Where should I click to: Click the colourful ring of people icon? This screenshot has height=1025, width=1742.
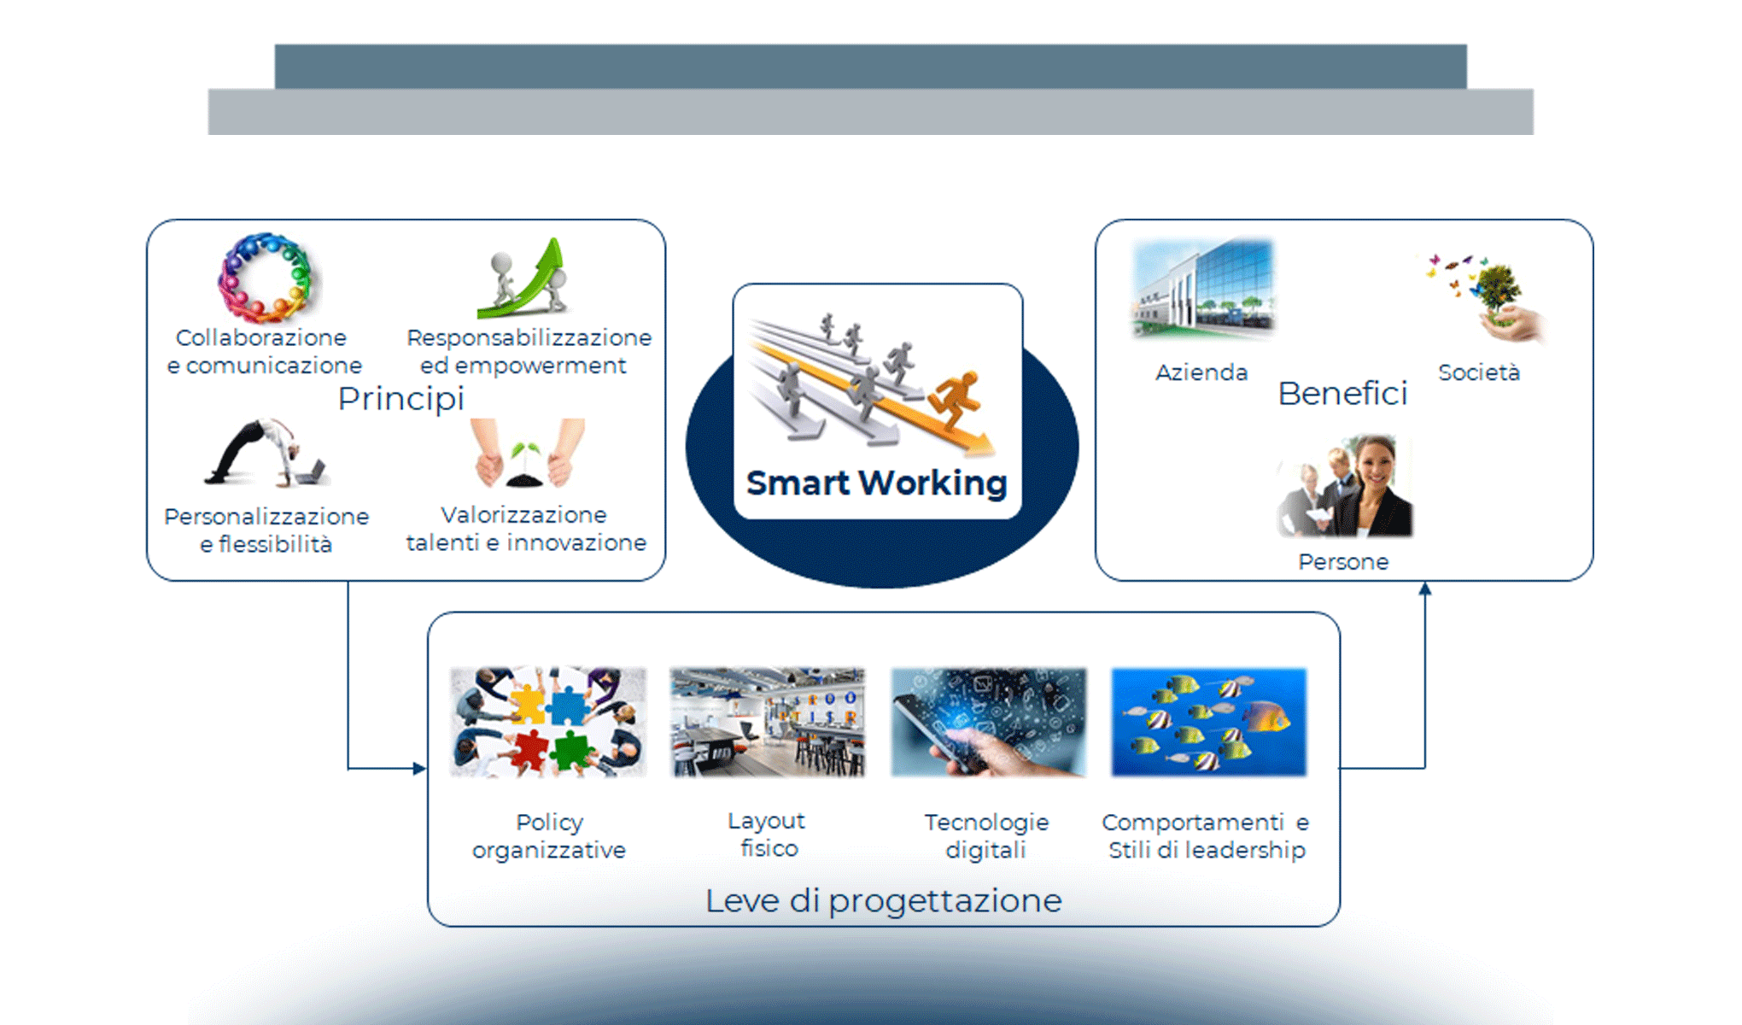[265, 278]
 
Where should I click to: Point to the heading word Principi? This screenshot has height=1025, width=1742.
[400, 398]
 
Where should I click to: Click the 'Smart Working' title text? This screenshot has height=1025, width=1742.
[876, 483]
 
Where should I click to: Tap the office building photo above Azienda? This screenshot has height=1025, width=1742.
[1202, 289]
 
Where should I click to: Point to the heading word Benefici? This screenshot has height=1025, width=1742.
[1342, 394]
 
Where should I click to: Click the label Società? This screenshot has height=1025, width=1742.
[1478, 372]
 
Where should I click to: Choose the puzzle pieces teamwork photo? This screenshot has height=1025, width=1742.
[547, 723]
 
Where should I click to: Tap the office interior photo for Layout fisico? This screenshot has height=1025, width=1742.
[767, 723]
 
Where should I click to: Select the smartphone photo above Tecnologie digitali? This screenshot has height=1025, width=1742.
[988, 723]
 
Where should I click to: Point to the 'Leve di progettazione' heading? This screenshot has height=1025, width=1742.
[883, 900]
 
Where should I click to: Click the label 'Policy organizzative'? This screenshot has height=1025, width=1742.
[549, 836]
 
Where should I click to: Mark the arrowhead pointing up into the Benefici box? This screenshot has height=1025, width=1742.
[1424, 589]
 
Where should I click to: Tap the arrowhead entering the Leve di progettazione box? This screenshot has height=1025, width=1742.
[419, 768]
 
